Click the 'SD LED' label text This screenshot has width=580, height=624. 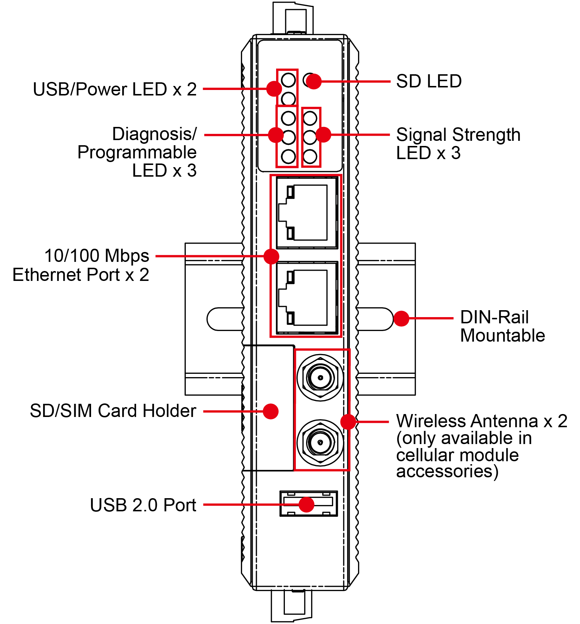429,81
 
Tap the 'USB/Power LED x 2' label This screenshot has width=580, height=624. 115,89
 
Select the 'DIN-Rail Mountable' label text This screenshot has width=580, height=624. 502,326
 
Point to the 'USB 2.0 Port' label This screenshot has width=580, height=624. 143,505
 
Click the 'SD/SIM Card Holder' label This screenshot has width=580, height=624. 113,411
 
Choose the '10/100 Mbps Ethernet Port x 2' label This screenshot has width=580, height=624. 81,265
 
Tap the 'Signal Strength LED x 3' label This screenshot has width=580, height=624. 458,144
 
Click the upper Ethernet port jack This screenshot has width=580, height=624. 306,213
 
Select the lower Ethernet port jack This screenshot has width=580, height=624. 306,298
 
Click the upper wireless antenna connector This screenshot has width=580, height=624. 320,377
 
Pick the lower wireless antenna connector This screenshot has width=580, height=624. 320,442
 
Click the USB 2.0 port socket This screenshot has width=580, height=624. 308,504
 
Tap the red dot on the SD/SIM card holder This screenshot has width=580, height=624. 271,411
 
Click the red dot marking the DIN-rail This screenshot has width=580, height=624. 401,319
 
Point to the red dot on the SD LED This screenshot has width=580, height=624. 313,81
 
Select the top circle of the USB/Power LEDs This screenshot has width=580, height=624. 288,79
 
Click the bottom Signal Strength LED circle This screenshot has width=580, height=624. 310,157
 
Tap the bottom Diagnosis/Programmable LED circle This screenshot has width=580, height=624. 288,157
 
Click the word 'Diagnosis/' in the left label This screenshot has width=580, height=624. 154,134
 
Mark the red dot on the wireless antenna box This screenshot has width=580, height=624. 348,422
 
